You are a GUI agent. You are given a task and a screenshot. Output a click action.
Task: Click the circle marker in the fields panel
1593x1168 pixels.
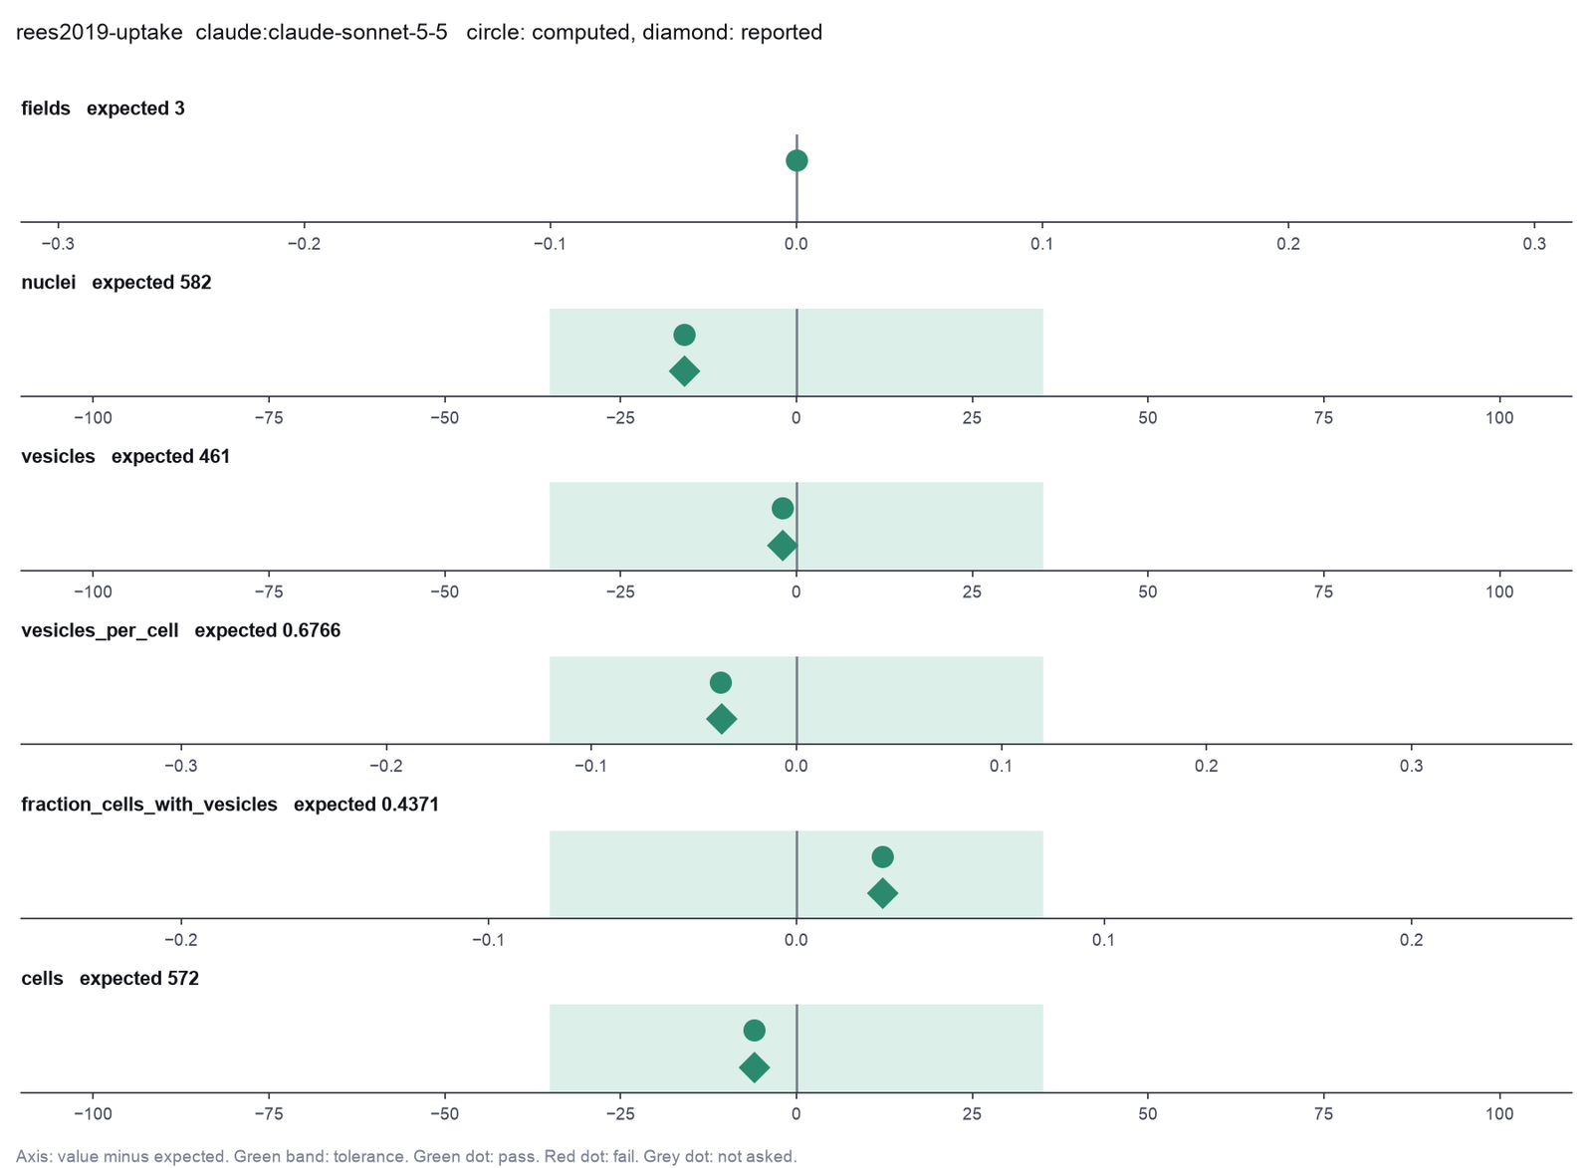click(x=796, y=160)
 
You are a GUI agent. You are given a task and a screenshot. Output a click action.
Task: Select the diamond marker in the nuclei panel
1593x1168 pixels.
click(x=684, y=371)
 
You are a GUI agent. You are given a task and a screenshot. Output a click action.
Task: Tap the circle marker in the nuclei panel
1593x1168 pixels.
click(x=684, y=335)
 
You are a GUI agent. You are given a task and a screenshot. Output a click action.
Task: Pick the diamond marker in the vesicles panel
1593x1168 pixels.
click(x=783, y=546)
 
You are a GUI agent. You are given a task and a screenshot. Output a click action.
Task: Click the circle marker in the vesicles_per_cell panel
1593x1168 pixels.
click(x=721, y=683)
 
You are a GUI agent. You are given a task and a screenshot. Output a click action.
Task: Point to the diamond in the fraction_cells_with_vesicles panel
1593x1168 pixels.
click(x=882, y=893)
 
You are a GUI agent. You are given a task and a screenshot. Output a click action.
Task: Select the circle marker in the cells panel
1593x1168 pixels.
click(x=755, y=1031)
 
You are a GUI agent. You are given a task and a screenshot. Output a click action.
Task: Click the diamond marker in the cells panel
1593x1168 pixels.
click(x=755, y=1067)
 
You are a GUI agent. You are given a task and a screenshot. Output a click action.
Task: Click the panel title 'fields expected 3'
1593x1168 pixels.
click(x=104, y=109)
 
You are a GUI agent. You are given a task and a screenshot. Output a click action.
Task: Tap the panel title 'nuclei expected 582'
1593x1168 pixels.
click(x=116, y=283)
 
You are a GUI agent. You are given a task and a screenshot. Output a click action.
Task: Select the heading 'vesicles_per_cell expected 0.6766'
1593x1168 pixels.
click(x=181, y=631)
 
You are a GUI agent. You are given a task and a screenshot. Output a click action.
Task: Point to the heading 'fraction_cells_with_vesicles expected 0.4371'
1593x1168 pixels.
click(x=230, y=805)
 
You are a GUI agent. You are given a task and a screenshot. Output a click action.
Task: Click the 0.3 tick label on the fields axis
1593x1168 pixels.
click(x=1534, y=244)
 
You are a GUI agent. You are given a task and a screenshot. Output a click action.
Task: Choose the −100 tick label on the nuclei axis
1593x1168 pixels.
click(x=94, y=418)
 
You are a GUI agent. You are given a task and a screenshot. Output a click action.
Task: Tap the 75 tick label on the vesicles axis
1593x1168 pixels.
click(x=1323, y=591)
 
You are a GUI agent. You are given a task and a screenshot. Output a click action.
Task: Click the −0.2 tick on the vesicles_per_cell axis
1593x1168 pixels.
click(x=386, y=766)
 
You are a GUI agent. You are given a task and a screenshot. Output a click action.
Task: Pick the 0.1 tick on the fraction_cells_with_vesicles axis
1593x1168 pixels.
click(x=1104, y=940)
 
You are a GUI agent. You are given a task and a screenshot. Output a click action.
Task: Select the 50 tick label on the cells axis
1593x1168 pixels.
click(x=1148, y=1114)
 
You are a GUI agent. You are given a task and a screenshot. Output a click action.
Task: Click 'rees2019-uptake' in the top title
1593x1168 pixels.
click(x=99, y=33)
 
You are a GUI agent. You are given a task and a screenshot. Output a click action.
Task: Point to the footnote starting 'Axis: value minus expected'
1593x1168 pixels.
click(x=406, y=1157)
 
